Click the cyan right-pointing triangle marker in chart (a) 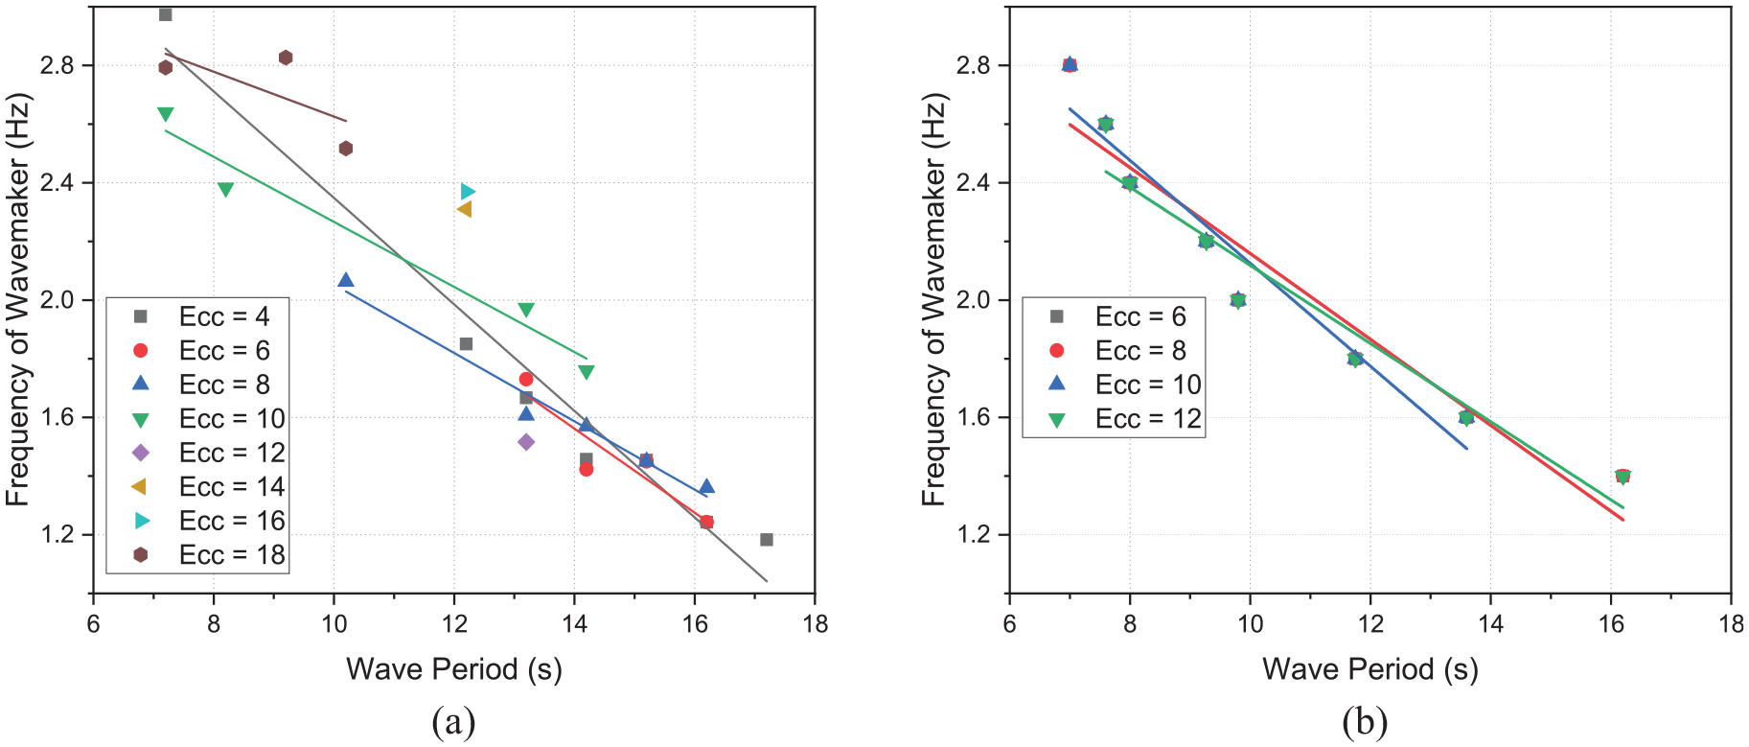click(467, 192)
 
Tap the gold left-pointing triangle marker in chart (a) click(465, 209)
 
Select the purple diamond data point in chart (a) click(526, 442)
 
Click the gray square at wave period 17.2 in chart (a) click(767, 540)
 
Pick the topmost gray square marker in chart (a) click(165, 14)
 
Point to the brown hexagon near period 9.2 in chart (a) click(286, 58)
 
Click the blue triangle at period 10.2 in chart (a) click(346, 280)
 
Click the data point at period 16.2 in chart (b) click(1622, 477)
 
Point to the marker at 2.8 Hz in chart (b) click(1070, 65)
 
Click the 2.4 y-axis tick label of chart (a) click(59, 183)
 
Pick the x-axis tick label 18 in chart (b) click(1731, 624)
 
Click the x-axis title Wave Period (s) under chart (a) click(454, 669)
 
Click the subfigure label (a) click(453, 721)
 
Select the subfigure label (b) click(1366, 721)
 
